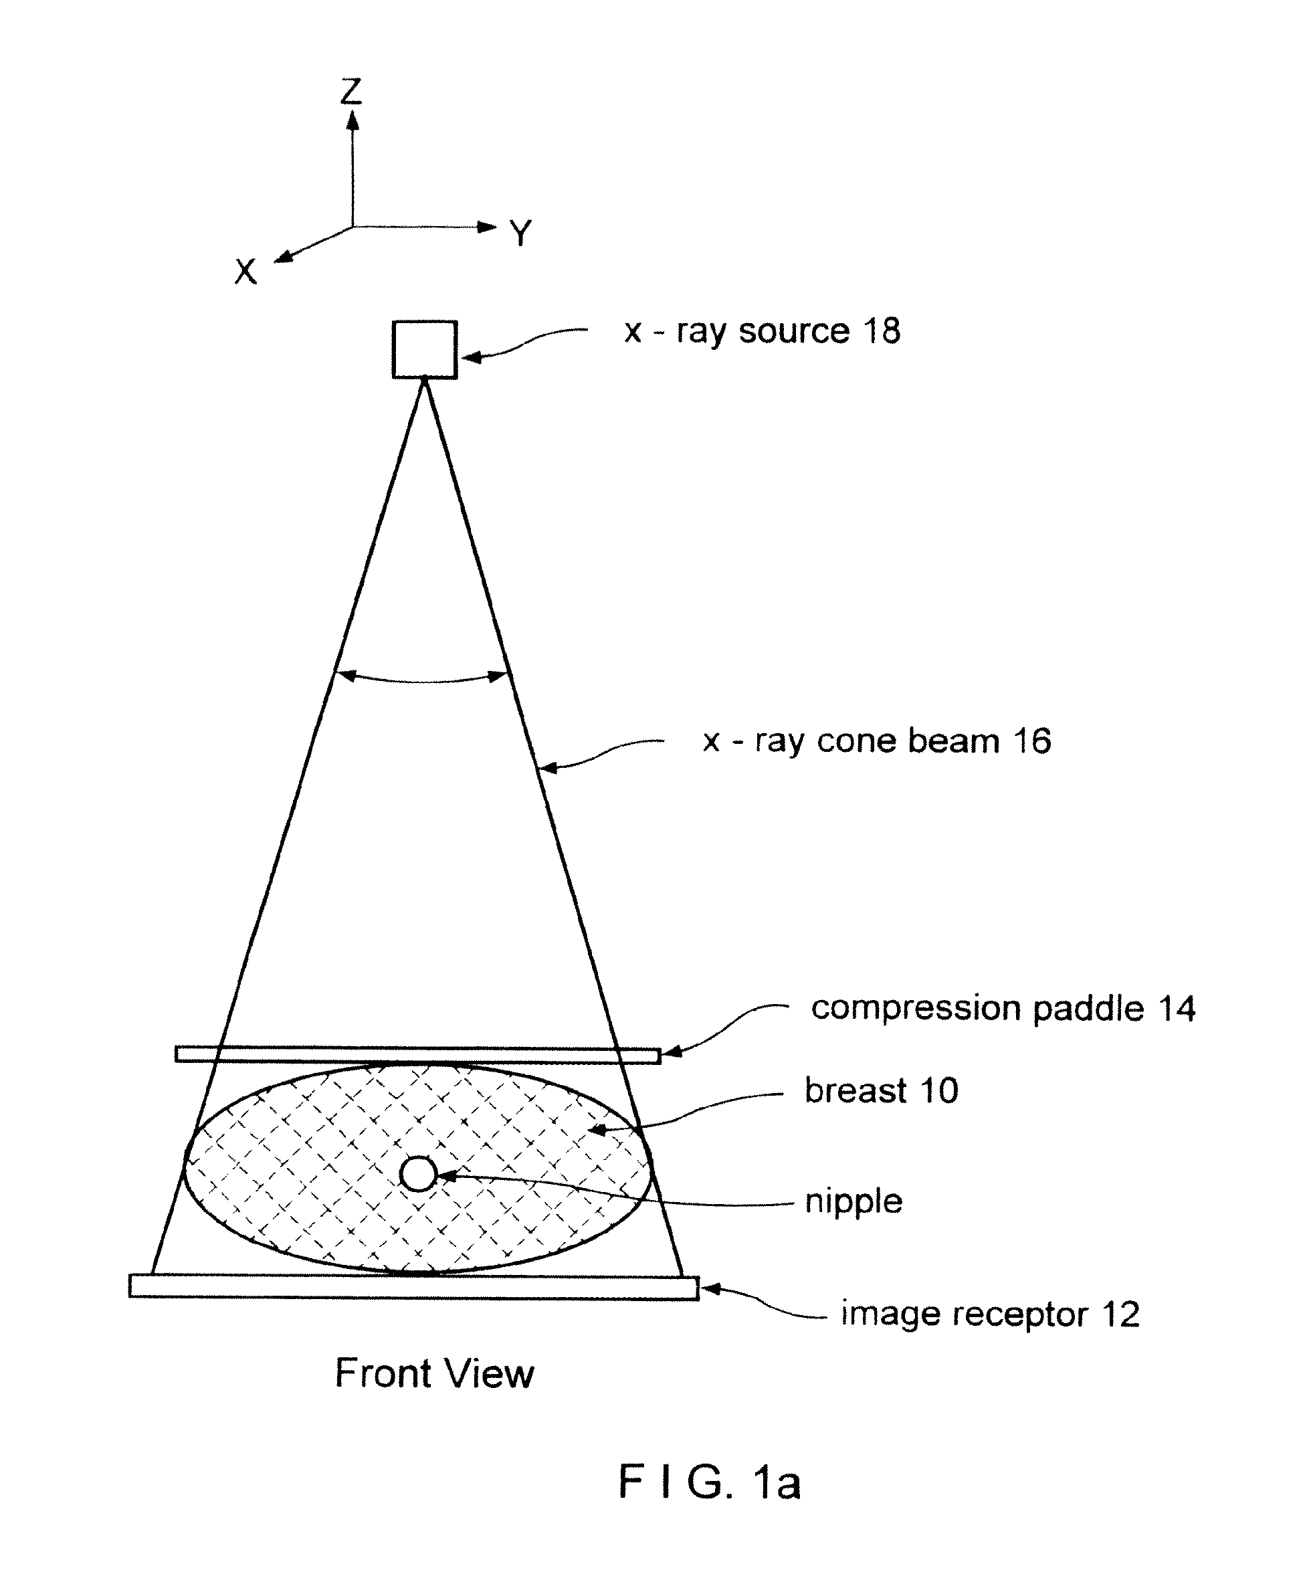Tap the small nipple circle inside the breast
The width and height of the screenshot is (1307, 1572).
click(417, 1174)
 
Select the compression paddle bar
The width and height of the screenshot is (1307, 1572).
click(417, 1054)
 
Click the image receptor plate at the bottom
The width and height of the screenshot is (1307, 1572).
click(414, 1286)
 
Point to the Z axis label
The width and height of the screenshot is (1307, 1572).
click(351, 92)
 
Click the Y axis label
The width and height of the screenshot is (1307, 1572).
click(520, 233)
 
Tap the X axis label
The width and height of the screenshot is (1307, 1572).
click(245, 271)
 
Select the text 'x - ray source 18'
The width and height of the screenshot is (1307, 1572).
click(762, 332)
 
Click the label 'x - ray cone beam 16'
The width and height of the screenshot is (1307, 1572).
click(877, 741)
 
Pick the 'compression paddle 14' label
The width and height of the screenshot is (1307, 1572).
click(1003, 1008)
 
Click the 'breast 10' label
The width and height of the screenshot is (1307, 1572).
click(881, 1090)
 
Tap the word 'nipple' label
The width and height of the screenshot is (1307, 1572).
click(853, 1202)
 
